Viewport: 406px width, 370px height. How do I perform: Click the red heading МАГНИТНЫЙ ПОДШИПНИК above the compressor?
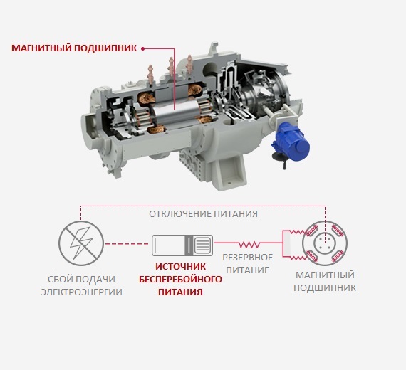[x=74, y=48]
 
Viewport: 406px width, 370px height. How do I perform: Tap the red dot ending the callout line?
[x=142, y=48]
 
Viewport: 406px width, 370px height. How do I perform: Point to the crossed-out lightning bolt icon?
[x=81, y=243]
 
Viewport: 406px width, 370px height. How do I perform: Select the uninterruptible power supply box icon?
[x=182, y=245]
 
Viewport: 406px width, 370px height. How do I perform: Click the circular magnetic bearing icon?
[x=325, y=243]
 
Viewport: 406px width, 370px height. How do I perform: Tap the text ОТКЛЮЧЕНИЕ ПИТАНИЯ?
[x=203, y=214]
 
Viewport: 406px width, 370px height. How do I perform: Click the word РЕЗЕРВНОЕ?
[x=248, y=258]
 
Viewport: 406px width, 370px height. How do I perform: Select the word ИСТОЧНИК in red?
[x=180, y=267]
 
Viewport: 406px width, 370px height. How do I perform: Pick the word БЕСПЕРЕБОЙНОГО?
[x=180, y=280]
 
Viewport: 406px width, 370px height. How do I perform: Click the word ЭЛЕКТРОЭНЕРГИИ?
[x=82, y=292]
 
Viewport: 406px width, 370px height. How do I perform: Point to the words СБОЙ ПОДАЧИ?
[x=82, y=280]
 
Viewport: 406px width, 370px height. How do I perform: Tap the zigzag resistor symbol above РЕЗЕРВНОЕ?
[x=249, y=244]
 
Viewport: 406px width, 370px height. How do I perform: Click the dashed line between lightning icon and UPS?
[x=127, y=244]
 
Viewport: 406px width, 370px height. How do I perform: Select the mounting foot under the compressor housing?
[x=231, y=174]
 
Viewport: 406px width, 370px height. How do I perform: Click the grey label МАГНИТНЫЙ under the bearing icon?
[x=325, y=275]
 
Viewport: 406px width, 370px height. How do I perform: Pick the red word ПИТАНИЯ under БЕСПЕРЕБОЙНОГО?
[x=180, y=292]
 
